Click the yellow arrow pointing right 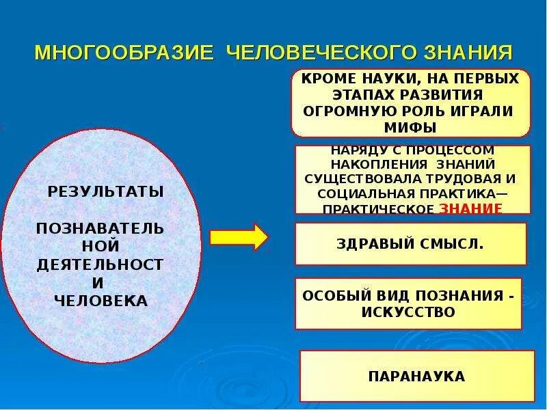click(239, 237)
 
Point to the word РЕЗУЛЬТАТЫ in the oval click(106, 191)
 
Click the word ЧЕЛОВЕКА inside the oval click(101, 300)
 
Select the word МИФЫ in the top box click(411, 126)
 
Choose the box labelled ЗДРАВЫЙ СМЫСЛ click(410, 243)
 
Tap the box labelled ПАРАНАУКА click(416, 376)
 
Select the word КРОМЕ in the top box click(325, 79)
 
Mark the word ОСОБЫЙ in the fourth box click(329, 297)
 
